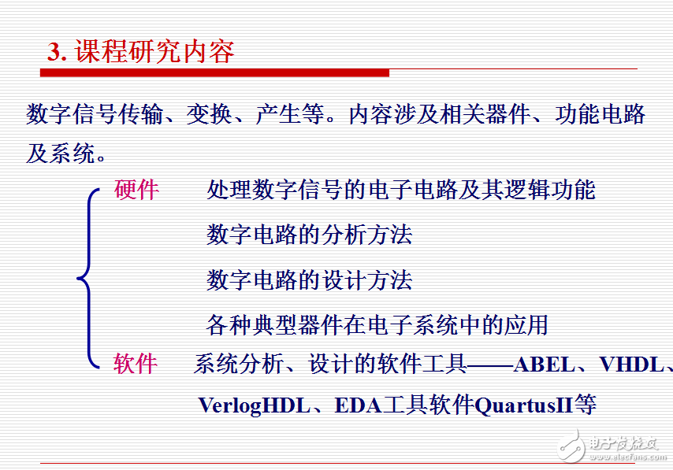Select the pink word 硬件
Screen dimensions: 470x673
pos(136,190)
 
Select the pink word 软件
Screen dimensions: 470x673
pos(136,363)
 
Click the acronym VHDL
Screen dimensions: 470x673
pos(631,365)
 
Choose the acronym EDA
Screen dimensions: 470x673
pos(358,405)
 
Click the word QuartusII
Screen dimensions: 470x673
pos(524,405)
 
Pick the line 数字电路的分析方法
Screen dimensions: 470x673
pos(309,235)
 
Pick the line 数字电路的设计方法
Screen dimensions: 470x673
pos(309,279)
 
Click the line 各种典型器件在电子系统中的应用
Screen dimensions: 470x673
pos(377,324)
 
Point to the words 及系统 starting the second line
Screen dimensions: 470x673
pos(60,153)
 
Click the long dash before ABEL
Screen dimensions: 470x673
pos(489,365)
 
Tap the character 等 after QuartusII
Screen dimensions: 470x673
pos(585,405)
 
